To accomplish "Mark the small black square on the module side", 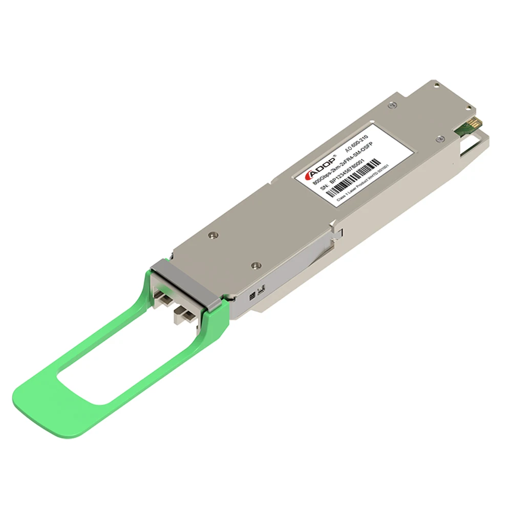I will tap(251, 296).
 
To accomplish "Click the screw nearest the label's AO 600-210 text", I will tap(392, 105).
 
